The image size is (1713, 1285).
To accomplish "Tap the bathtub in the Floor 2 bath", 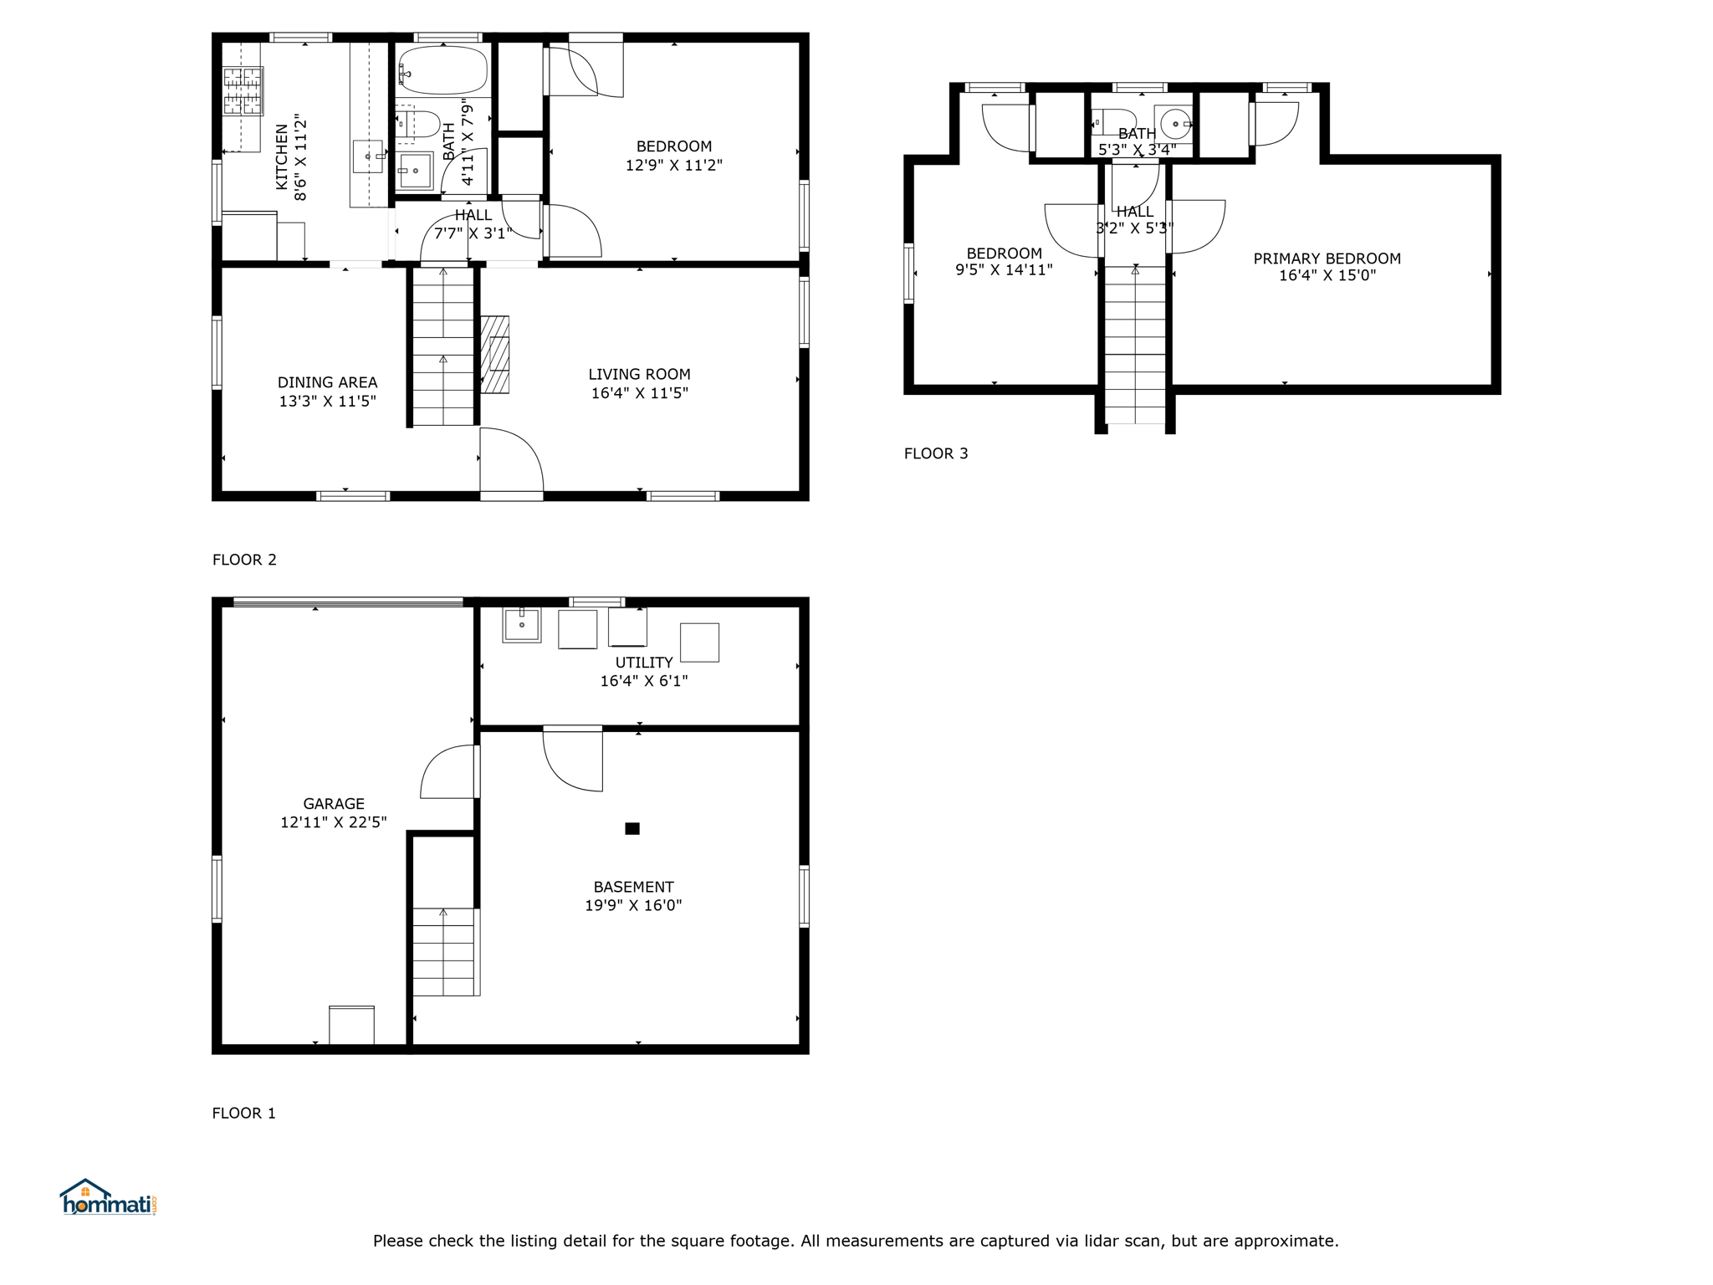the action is pos(442,69).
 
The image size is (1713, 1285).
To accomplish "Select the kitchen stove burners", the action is pos(243,90).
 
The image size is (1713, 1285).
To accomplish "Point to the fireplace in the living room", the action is pos(495,354).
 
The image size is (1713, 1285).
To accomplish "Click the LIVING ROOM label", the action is pos(639,374).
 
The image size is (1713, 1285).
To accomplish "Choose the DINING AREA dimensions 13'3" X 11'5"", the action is pos(327,402).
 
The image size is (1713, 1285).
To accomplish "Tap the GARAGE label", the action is pos(334,803).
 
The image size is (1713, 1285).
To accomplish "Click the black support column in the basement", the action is pos(632,828).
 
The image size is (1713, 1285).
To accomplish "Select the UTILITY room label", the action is pos(644,663).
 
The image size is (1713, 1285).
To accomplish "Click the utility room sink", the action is pos(522,625).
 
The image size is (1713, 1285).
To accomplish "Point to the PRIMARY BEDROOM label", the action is pos(1327,259).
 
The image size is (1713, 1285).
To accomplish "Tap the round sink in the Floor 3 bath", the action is pos(1174,124).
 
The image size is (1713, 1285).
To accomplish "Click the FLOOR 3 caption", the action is pos(936,453).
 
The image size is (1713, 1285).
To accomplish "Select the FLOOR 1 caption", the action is pos(243,1113).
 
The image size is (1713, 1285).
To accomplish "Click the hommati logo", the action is pos(108,1197).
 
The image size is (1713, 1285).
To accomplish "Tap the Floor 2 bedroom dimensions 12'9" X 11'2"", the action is pos(674,165).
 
